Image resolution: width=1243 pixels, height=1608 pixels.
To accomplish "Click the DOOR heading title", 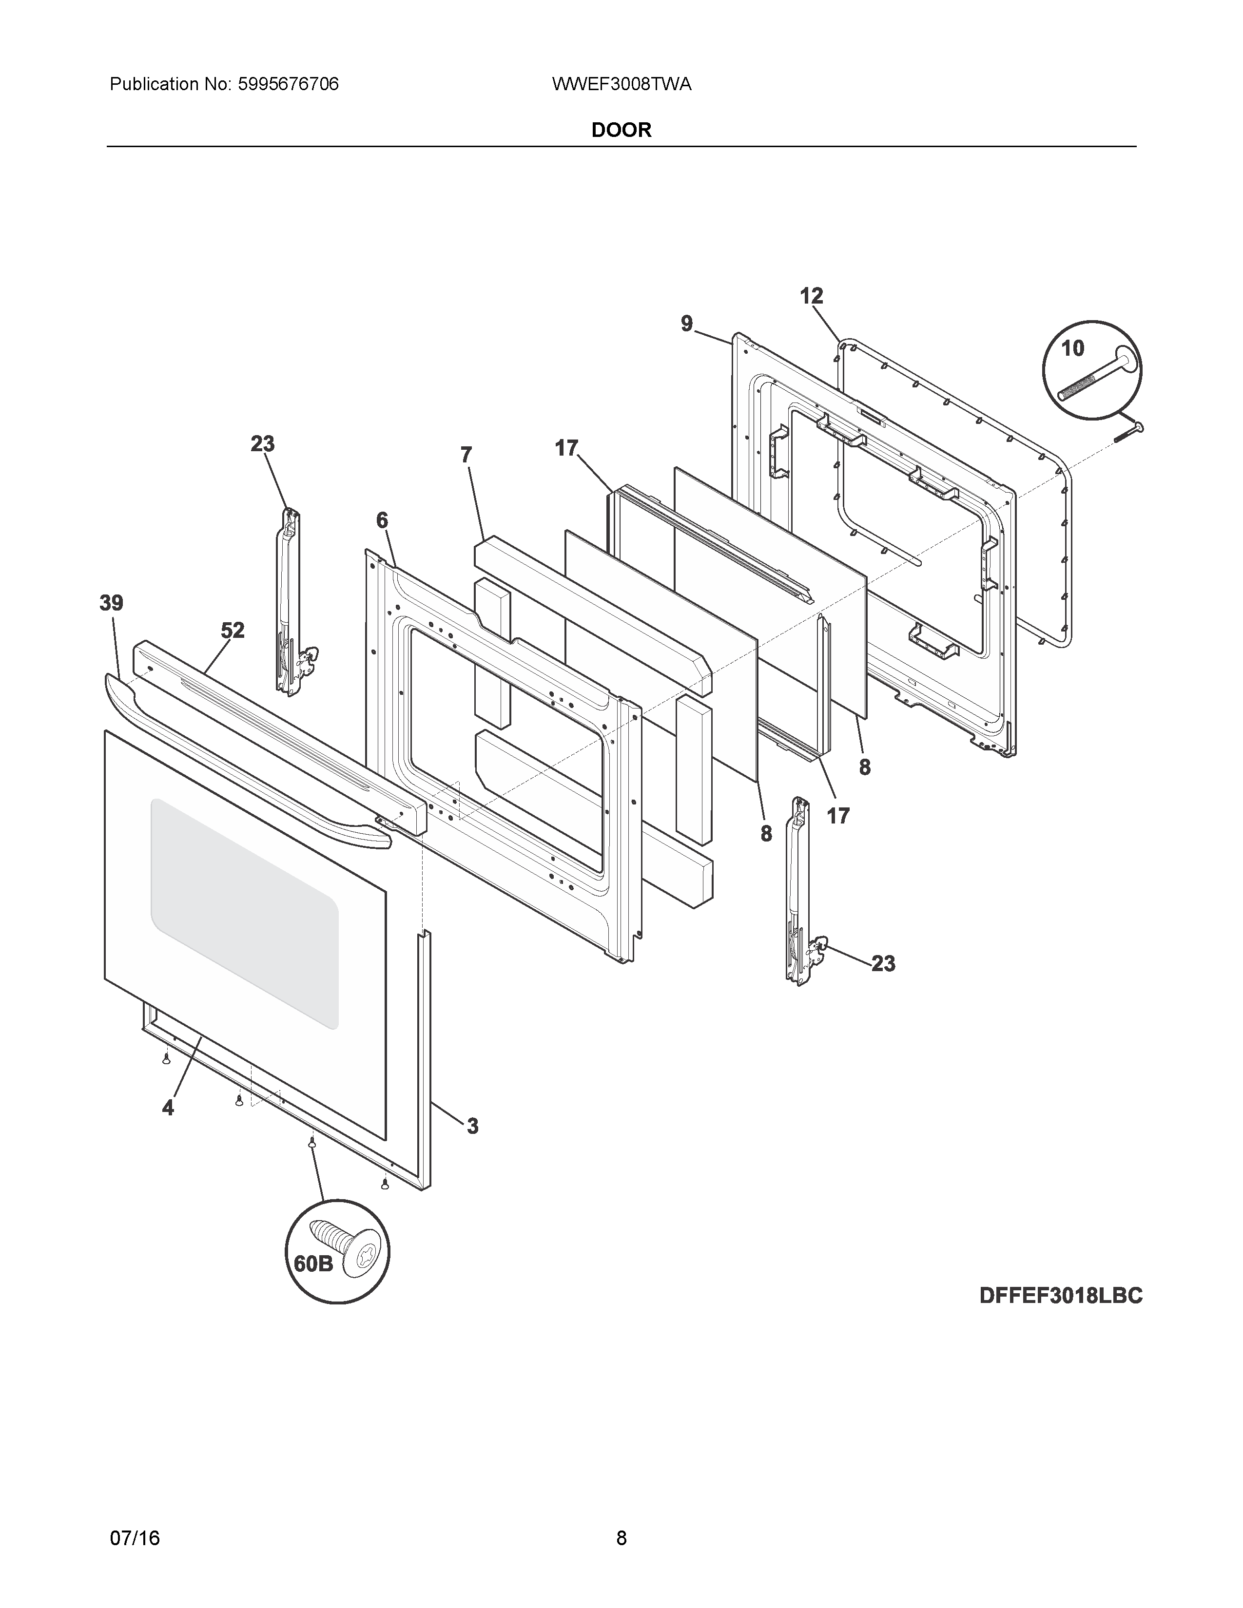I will tap(621, 130).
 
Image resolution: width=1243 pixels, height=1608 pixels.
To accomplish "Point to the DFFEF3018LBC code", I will tap(1060, 1295).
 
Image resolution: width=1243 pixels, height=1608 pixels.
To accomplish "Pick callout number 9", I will tap(686, 323).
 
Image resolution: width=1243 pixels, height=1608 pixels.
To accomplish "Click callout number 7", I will tap(466, 455).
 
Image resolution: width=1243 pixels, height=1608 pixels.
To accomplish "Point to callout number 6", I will tap(382, 520).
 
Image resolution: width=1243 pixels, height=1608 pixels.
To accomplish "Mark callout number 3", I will tap(472, 1126).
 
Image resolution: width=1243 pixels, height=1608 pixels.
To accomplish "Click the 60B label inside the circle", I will tap(313, 1263).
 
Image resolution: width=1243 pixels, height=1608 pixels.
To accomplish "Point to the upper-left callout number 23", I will tap(262, 444).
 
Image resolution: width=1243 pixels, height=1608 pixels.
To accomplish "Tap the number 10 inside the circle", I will tap(1072, 348).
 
